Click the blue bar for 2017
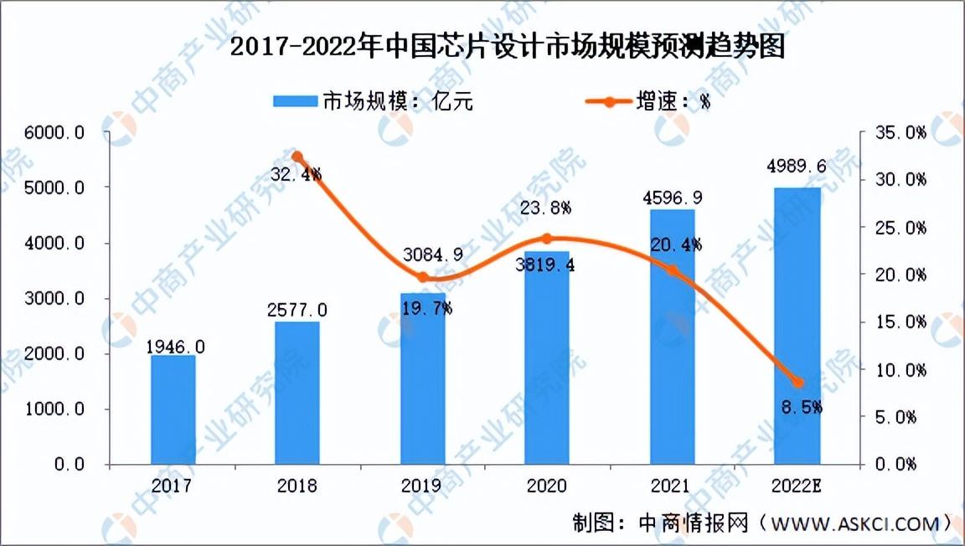point(173,409)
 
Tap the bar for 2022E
point(797,326)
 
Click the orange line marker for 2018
point(297,157)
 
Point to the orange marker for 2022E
point(797,383)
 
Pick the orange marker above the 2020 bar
point(547,239)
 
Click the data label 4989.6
point(797,167)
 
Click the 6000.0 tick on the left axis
point(58,133)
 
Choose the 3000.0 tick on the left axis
point(58,299)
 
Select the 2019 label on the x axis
point(422,486)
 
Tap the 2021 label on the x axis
point(672,486)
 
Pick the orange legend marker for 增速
point(612,101)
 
